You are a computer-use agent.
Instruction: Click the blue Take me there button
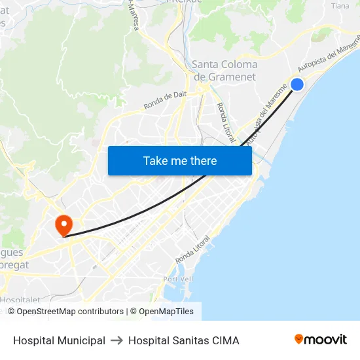(179, 160)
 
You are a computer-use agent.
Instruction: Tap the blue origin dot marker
(297, 84)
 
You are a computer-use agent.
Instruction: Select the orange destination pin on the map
(63, 225)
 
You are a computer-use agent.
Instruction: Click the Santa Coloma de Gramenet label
(225, 71)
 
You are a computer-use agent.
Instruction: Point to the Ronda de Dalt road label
(166, 99)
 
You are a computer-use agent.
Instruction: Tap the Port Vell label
(179, 279)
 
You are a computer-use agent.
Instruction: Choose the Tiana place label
(340, 6)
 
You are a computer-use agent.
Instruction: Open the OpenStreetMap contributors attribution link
(70, 312)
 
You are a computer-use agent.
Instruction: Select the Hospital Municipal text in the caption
(59, 340)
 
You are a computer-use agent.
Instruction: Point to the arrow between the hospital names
(117, 340)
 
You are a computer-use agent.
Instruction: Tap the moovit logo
(320, 339)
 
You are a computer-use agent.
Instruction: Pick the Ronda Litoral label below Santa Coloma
(225, 122)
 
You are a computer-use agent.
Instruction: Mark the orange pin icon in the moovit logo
(299, 339)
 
